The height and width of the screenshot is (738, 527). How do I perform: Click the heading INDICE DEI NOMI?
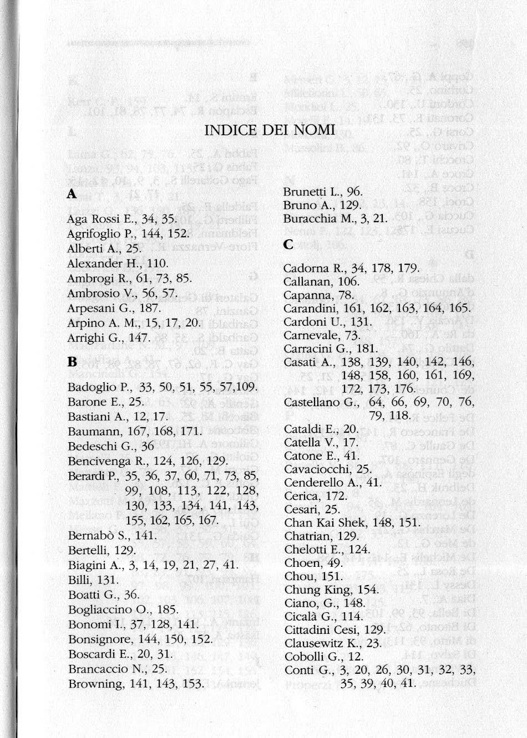[270, 130]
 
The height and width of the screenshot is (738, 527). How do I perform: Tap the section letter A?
[71, 194]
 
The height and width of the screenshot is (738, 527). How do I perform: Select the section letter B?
[72, 363]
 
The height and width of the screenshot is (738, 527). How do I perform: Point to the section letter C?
[288, 244]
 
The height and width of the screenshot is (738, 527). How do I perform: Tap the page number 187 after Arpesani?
[151, 308]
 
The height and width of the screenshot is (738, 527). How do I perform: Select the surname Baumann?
[90, 431]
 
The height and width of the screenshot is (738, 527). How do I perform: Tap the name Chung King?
[317, 590]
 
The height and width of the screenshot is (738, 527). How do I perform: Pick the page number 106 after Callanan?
[348, 281]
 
